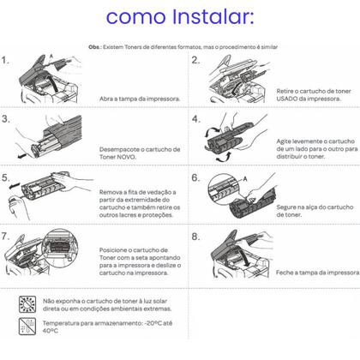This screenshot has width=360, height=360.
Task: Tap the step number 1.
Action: tap(6, 62)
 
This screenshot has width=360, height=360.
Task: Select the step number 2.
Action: tap(195, 62)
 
